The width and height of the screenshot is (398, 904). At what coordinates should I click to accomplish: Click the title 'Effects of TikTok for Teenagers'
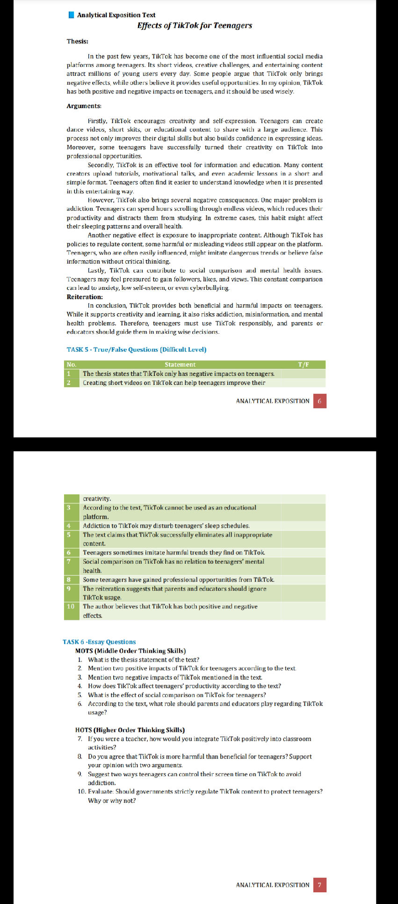195,26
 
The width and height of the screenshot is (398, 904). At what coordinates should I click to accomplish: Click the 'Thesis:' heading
78,41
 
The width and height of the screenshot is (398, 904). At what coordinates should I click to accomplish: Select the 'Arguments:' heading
84,106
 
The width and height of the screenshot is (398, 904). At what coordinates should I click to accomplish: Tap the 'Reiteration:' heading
85,297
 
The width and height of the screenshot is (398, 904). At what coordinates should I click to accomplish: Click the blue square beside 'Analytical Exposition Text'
71,15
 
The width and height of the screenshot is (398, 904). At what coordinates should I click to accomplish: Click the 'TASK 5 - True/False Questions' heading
136,349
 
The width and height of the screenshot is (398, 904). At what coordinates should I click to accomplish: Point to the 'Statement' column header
180,365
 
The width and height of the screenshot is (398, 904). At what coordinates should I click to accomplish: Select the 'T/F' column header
304,365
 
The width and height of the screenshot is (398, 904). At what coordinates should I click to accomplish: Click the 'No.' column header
72,365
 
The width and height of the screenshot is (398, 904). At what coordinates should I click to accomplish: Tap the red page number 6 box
319,401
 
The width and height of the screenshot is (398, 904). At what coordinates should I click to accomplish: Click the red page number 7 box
319,885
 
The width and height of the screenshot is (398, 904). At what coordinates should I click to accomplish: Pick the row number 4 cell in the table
69,526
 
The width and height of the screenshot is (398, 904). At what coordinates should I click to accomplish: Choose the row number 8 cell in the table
69,580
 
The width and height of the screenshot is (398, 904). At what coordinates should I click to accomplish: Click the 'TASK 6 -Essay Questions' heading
99,642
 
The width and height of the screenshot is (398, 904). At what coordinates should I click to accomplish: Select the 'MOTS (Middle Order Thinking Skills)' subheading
130,651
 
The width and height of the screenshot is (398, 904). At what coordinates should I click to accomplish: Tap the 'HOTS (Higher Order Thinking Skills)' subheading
130,730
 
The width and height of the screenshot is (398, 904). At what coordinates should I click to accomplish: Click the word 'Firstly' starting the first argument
97,121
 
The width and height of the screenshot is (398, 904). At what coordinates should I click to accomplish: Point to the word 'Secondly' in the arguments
101,165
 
